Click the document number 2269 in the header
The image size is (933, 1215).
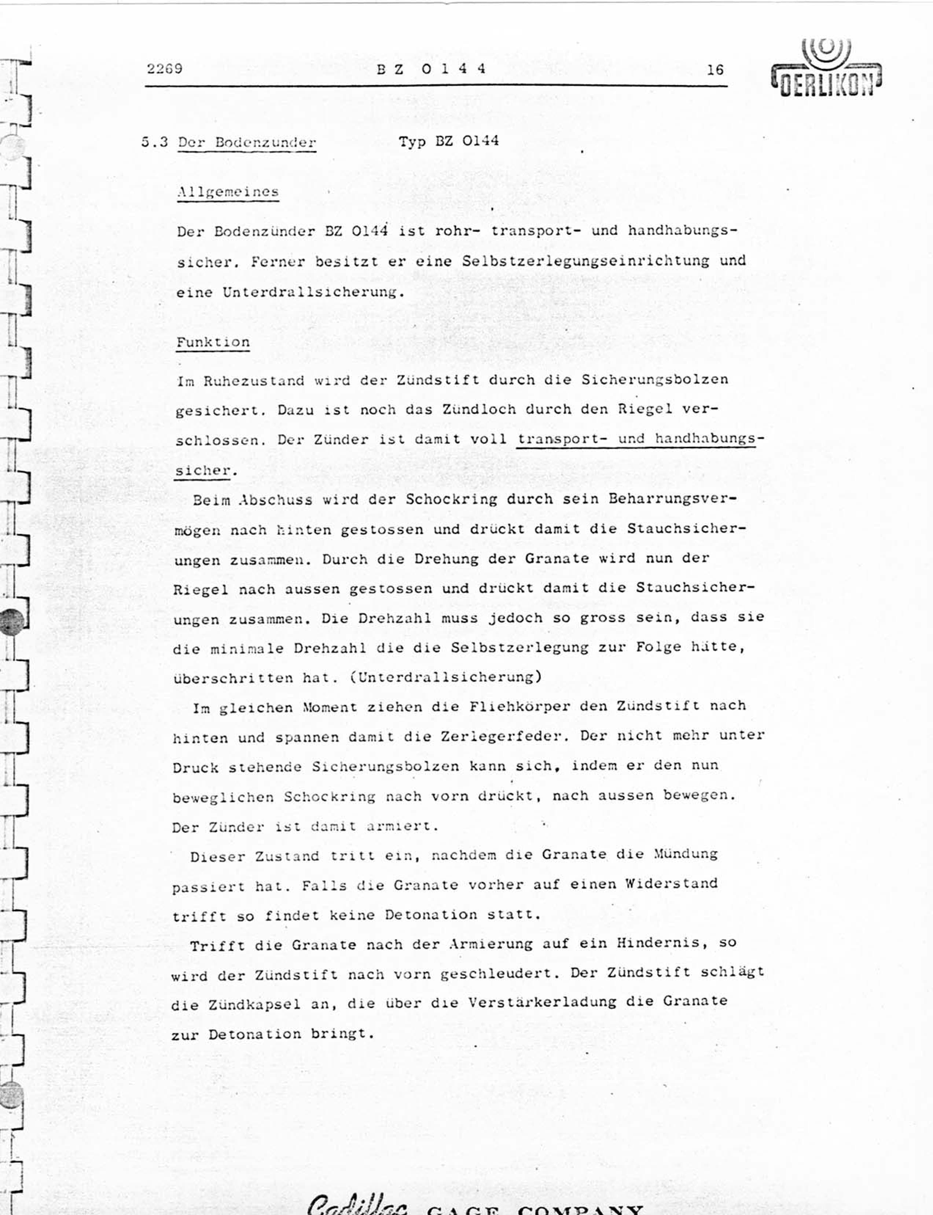pos(164,68)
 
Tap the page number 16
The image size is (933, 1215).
pos(715,69)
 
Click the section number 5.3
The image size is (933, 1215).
pos(154,142)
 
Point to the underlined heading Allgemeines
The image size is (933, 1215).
pos(228,192)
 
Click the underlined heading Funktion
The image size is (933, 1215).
pos(213,342)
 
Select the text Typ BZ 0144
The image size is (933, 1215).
pos(448,141)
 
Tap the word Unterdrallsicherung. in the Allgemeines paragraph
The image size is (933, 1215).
pos(311,292)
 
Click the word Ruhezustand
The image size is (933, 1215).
pos(254,381)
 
